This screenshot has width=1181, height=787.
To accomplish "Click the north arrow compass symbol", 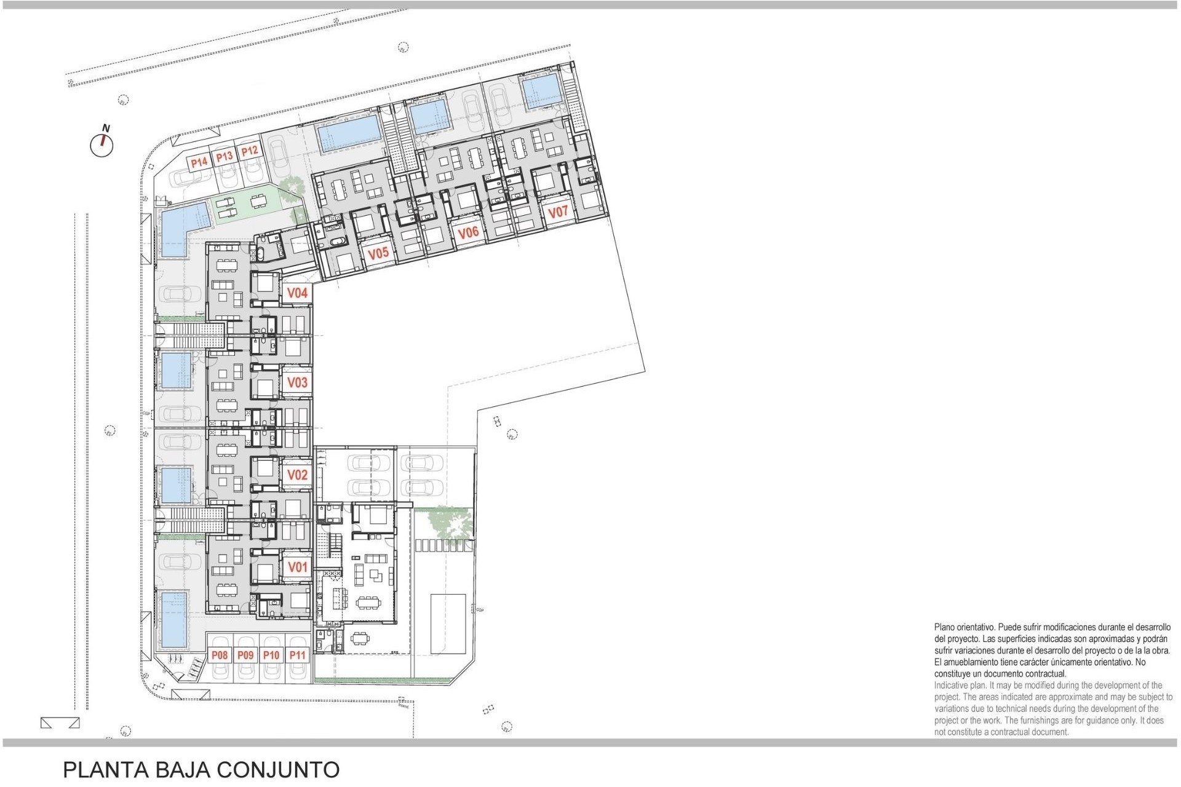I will click(x=102, y=144).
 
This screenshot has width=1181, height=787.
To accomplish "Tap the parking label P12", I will click(x=249, y=151).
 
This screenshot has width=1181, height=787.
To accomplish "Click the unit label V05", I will click(x=378, y=253).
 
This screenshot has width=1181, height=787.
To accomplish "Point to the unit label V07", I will click(x=558, y=213).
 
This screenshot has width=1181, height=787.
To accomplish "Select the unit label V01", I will click(x=297, y=567).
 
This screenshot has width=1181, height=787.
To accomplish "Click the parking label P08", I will click(x=220, y=655).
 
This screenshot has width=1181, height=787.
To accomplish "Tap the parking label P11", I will click(x=298, y=655).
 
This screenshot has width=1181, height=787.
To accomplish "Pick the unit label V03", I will click(x=297, y=382).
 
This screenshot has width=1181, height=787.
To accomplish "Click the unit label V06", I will click(x=468, y=232).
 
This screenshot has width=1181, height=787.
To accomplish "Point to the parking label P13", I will click(x=225, y=157).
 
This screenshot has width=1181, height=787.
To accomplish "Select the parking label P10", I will click(x=271, y=655).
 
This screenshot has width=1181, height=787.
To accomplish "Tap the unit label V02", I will click(x=297, y=475).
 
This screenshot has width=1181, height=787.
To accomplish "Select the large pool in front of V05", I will click(x=348, y=135).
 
